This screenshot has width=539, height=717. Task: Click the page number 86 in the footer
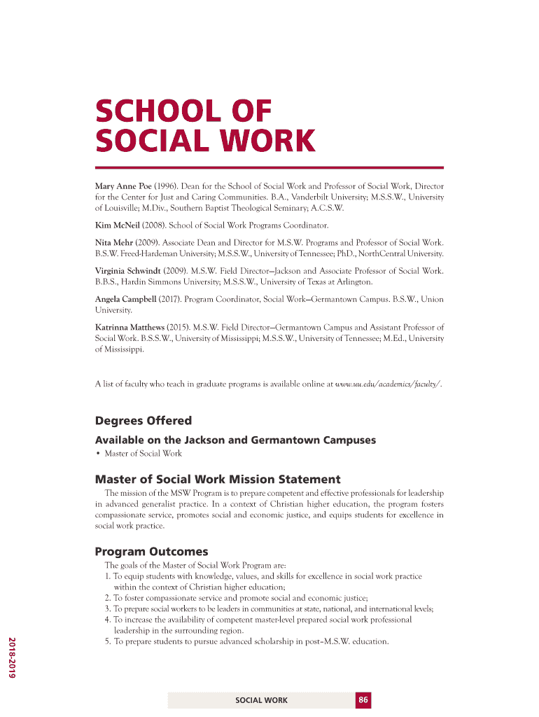point(363,700)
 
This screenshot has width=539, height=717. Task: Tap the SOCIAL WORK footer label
point(261,700)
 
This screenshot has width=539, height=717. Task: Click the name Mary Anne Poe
point(123,186)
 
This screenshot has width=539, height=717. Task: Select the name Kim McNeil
point(118,225)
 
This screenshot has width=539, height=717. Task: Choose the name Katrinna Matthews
point(130,327)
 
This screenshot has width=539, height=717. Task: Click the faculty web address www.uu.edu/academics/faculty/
point(388,384)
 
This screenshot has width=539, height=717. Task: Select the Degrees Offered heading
point(143,421)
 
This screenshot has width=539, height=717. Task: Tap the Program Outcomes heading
point(151,552)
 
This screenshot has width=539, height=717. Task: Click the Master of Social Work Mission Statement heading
point(217,480)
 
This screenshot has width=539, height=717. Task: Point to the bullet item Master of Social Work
point(143,454)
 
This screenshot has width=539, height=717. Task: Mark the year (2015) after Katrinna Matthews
point(180,327)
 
